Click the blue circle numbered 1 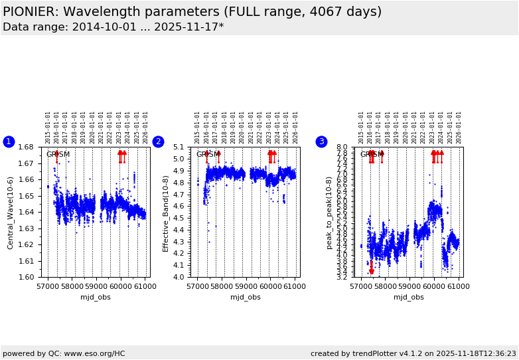pyautogui.click(x=9, y=141)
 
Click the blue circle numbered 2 pyautogui.click(x=158, y=141)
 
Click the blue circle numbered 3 pyautogui.click(x=321, y=141)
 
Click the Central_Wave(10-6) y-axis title pyautogui.click(x=11, y=213)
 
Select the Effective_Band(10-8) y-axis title pyautogui.click(x=166, y=213)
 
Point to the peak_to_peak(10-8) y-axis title pyautogui.click(x=329, y=213)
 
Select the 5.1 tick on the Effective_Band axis pyautogui.click(x=179, y=147)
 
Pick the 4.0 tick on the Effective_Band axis pyautogui.click(x=179, y=277)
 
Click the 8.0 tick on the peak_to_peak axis pyautogui.click(x=342, y=147)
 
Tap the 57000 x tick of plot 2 pyautogui.click(x=198, y=286)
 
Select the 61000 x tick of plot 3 pyautogui.click(x=459, y=286)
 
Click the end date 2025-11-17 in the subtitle pyautogui.click(x=187, y=27)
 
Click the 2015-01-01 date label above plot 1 pyautogui.click(x=48, y=128)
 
